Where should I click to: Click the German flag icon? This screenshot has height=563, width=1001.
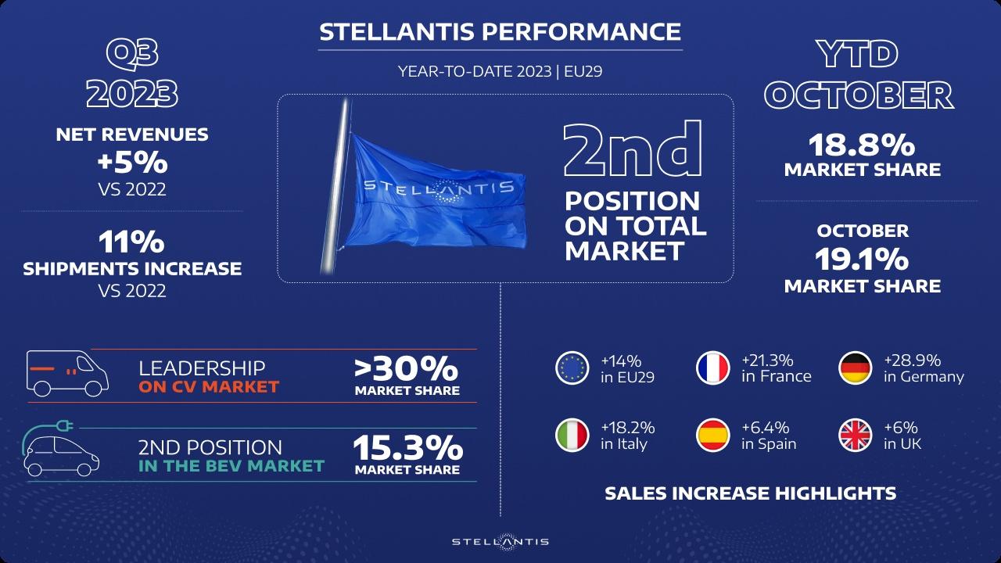pyautogui.click(x=855, y=368)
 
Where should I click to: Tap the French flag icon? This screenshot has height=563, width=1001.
pyautogui.click(x=712, y=368)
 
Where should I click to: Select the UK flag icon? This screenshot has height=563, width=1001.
pyautogui.click(x=855, y=436)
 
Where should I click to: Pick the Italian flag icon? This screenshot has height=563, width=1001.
pyautogui.click(x=572, y=436)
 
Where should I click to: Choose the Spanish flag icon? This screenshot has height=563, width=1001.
pyautogui.click(x=712, y=436)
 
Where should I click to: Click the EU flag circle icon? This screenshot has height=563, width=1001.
pyautogui.click(x=572, y=368)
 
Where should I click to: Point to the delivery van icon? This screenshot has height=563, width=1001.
pyautogui.click(x=67, y=373)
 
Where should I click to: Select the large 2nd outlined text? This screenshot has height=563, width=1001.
pyautogui.click(x=633, y=149)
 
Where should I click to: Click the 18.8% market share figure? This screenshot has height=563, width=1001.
pyautogui.click(x=862, y=145)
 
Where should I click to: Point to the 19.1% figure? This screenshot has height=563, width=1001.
pyautogui.click(x=862, y=260)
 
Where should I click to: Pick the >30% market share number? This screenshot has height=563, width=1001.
pyautogui.click(x=406, y=368)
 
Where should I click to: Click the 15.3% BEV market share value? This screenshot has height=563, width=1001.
pyautogui.click(x=407, y=448)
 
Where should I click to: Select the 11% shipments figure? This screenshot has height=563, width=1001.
pyautogui.click(x=132, y=242)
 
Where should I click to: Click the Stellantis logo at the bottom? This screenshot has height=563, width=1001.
pyautogui.click(x=500, y=542)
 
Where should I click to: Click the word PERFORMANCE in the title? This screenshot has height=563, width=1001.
pyautogui.click(x=581, y=32)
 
